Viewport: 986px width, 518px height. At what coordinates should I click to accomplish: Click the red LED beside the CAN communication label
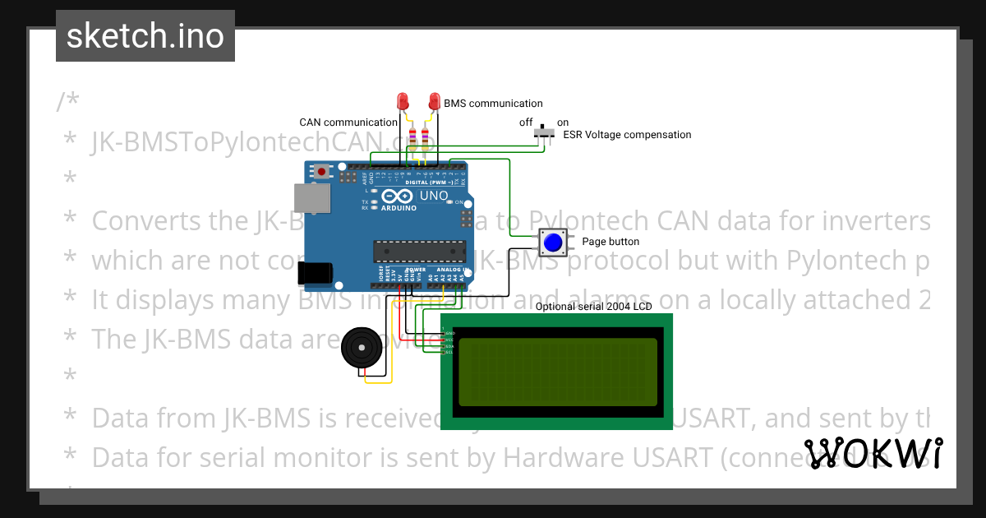[403, 101]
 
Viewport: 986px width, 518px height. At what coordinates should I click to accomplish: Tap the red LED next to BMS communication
[434, 101]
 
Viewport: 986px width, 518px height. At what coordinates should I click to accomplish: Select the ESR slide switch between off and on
[543, 131]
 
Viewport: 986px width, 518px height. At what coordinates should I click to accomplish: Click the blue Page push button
[553, 243]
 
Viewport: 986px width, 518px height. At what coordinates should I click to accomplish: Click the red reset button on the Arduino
[321, 172]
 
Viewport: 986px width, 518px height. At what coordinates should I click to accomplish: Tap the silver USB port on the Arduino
[312, 198]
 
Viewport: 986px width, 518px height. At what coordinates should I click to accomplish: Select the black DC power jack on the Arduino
[315, 273]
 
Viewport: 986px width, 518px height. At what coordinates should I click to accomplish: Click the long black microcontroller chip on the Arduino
[419, 251]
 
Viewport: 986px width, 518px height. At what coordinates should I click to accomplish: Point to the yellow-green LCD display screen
[558, 372]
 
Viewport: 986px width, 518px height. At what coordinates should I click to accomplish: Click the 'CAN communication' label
[348, 123]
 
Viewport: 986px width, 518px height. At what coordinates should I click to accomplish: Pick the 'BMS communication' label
[493, 104]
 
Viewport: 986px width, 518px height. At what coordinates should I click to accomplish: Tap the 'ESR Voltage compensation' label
[627, 135]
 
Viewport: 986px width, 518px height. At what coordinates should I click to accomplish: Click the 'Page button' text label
[610, 242]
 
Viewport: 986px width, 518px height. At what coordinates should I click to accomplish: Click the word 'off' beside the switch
[526, 123]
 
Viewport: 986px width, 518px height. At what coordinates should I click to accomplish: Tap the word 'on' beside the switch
[563, 123]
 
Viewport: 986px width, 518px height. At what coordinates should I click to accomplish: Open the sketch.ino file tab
[145, 36]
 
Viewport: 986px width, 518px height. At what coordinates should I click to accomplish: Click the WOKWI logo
[873, 454]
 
